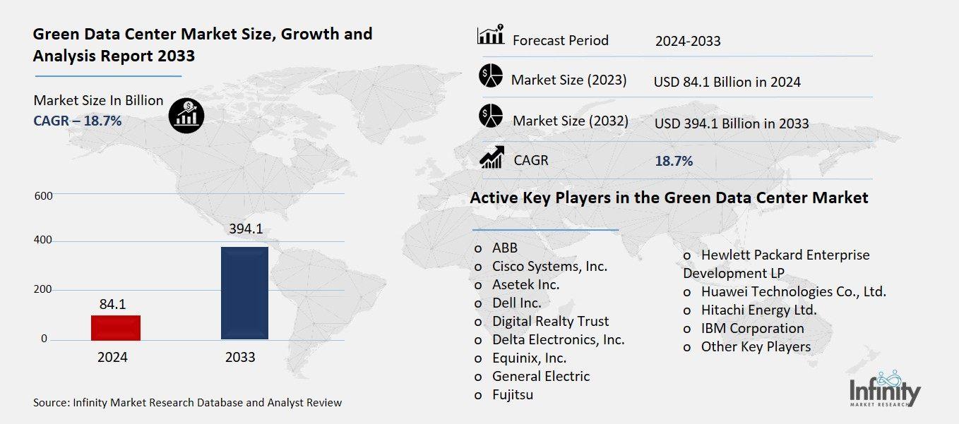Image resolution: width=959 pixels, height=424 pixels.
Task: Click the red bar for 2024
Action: (x=116, y=327)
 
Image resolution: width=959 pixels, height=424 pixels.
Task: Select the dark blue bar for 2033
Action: (x=244, y=293)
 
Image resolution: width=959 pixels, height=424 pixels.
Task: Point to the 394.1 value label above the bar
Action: (x=244, y=229)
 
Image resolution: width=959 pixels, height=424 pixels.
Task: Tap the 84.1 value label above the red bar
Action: (x=112, y=304)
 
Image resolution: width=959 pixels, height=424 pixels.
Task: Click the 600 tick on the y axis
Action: (x=43, y=195)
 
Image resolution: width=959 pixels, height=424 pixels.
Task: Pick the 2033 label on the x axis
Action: (x=240, y=357)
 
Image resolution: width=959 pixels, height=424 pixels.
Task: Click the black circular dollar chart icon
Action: (x=186, y=115)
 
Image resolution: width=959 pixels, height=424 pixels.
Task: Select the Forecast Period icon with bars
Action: (x=490, y=35)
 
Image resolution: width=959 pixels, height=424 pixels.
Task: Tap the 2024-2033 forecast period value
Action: (x=688, y=41)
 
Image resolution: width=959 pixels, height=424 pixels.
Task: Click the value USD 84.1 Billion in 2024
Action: (x=727, y=82)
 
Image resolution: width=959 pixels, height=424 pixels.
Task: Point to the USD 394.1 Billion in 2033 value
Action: (x=732, y=123)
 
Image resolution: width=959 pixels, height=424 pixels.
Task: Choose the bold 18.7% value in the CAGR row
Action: (x=674, y=161)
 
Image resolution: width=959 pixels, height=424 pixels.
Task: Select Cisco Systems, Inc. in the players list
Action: (x=549, y=266)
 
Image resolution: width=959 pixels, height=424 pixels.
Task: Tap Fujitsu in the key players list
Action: (x=513, y=394)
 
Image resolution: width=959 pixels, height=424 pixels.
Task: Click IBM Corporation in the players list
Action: (x=752, y=328)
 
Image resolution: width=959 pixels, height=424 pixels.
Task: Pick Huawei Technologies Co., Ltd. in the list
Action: (x=793, y=291)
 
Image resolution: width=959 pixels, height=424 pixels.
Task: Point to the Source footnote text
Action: (x=187, y=403)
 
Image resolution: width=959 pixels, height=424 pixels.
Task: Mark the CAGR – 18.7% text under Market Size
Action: (x=78, y=121)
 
